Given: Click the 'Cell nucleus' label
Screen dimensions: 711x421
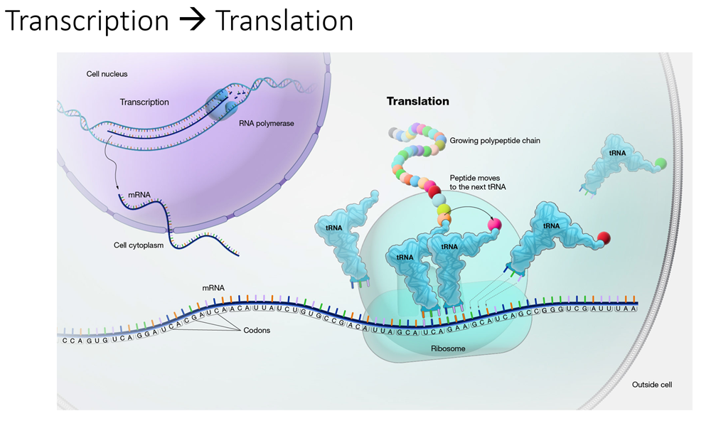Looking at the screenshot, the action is pyautogui.click(x=107, y=74).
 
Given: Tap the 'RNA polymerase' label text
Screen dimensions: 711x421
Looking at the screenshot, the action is pyautogui.click(x=267, y=124).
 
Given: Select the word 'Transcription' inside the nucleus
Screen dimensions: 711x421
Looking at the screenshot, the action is pyautogui.click(x=144, y=102).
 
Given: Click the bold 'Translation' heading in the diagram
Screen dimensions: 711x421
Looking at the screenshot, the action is pyautogui.click(x=417, y=101).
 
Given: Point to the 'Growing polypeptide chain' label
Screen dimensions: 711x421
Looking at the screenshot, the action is pyautogui.click(x=495, y=141).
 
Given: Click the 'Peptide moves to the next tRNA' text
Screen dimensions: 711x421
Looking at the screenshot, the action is pyautogui.click(x=478, y=182).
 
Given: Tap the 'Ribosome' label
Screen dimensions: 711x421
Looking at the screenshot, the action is pyautogui.click(x=448, y=348).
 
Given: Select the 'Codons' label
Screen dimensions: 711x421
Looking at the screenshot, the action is pyautogui.click(x=257, y=330).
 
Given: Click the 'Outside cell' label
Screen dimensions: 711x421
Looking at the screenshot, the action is pyautogui.click(x=652, y=385).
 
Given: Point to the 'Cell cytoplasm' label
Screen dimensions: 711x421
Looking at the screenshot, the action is pyautogui.click(x=139, y=245).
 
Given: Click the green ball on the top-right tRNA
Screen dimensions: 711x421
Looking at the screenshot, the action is pyautogui.click(x=661, y=164).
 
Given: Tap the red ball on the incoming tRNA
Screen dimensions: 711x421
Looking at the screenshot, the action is pyautogui.click(x=604, y=238).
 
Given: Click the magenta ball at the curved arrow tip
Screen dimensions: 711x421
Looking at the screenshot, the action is pyautogui.click(x=494, y=224).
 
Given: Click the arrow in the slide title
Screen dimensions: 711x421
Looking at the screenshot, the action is pyautogui.click(x=192, y=21).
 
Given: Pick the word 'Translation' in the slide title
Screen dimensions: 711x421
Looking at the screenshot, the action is pyautogui.click(x=284, y=21).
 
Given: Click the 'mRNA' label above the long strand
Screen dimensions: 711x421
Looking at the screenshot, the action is pyautogui.click(x=213, y=288).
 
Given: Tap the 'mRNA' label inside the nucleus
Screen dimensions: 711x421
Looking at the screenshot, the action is pyautogui.click(x=139, y=195).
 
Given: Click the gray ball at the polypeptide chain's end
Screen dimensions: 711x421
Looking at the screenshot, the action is pyautogui.click(x=393, y=132).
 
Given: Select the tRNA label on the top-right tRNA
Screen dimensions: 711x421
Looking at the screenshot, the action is pyautogui.click(x=617, y=154).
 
